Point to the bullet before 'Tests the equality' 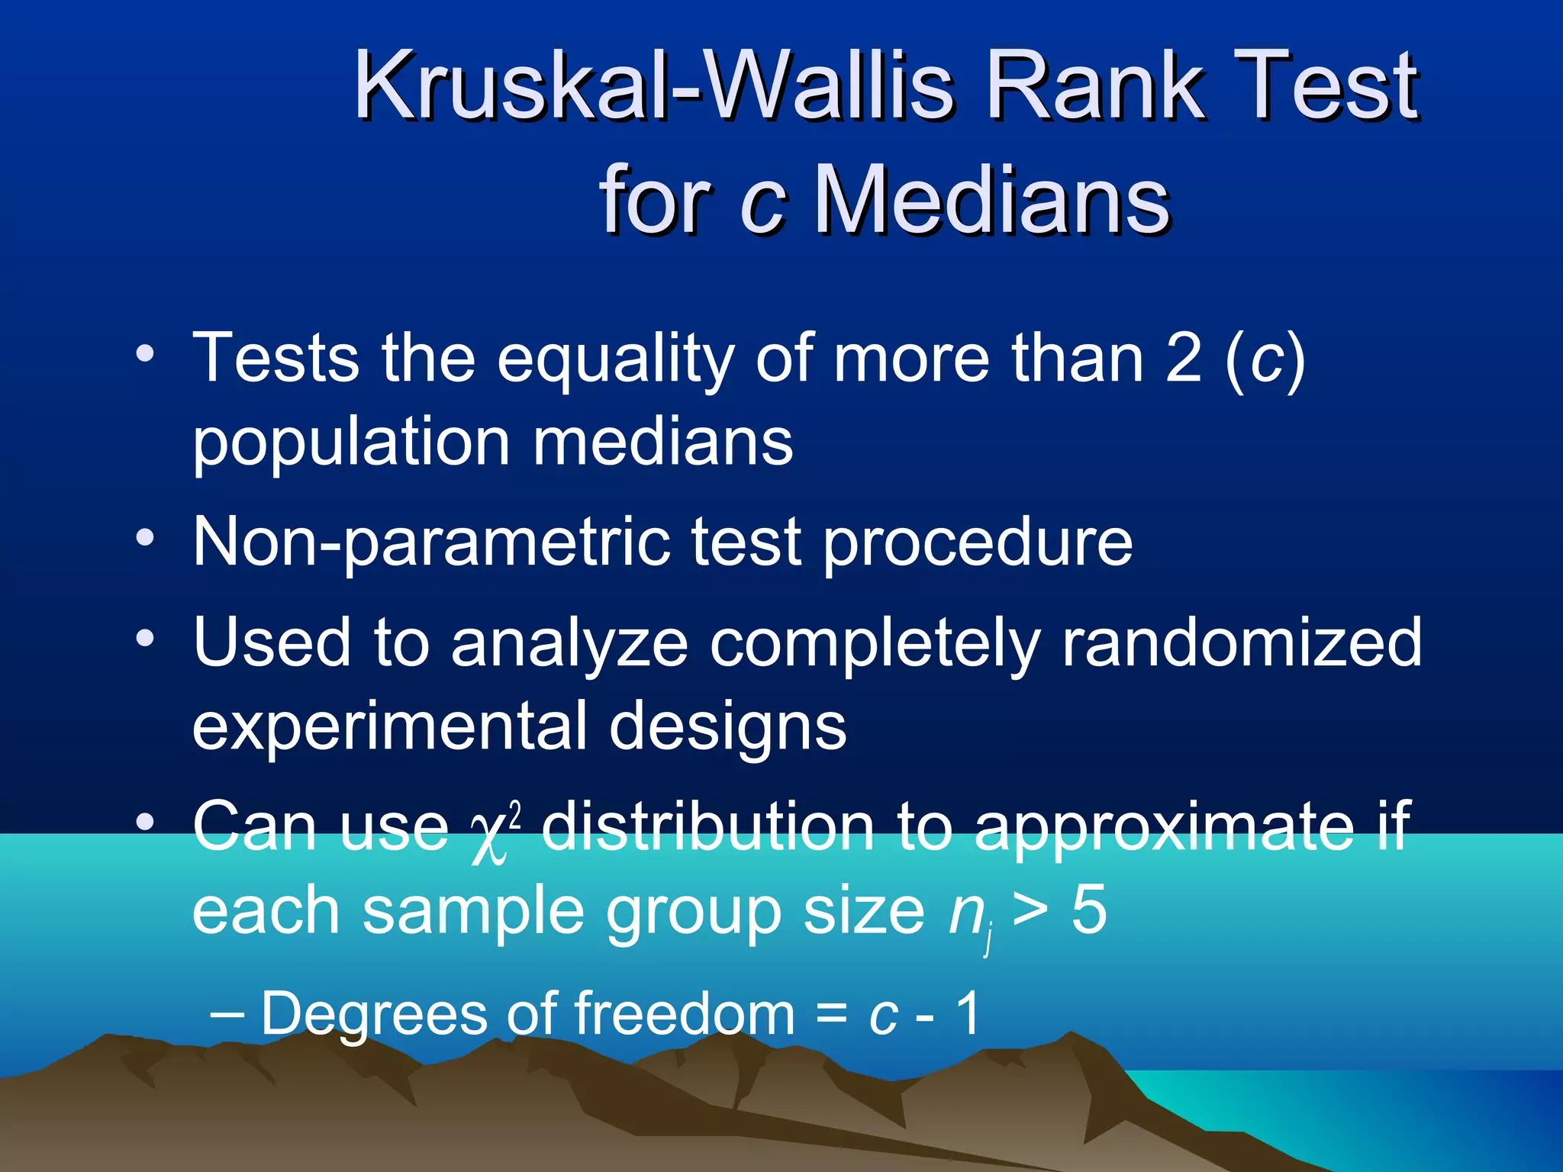click(x=145, y=354)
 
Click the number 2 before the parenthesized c click(x=1184, y=358)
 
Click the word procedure click(x=978, y=543)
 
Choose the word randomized click(x=1242, y=642)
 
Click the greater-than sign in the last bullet click(x=1030, y=912)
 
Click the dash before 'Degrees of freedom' click(x=227, y=1015)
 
